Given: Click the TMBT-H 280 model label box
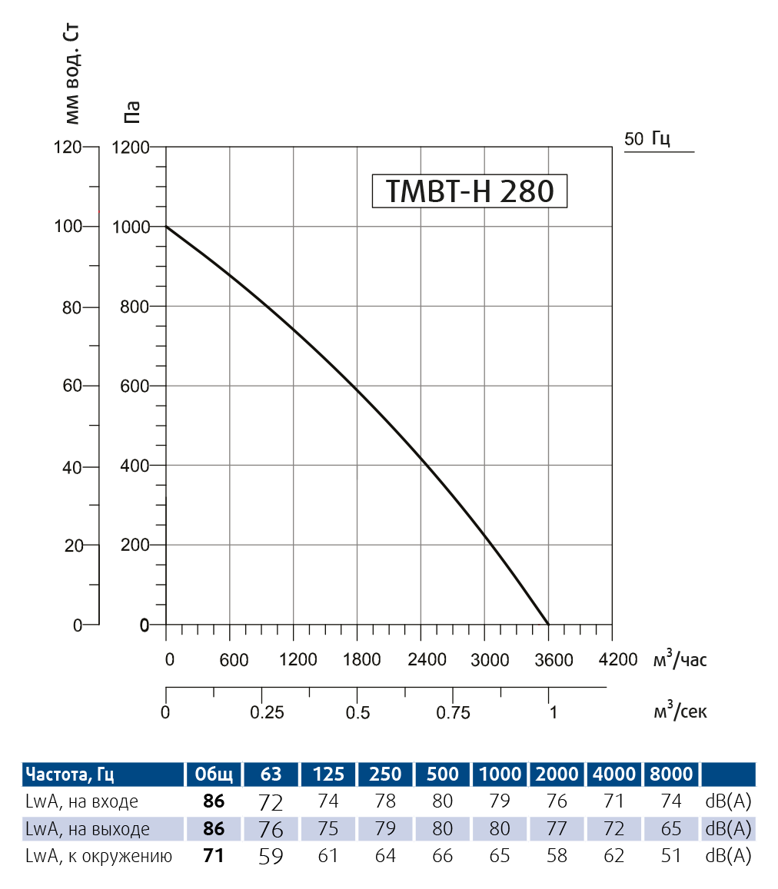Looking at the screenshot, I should click(x=469, y=191).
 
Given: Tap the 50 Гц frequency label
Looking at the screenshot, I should click(x=648, y=139).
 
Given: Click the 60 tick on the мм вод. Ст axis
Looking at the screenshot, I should click(x=71, y=386).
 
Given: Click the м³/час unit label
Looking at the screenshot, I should click(x=680, y=659).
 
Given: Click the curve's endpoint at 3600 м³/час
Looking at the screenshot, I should click(x=548, y=625).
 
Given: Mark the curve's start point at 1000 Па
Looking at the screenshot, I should click(x=167, y=227).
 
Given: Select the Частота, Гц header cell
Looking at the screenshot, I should click(x=70, y=774).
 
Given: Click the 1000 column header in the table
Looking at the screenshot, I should click(x=500, y=774).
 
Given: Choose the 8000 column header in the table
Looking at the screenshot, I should click(x=671, y=774).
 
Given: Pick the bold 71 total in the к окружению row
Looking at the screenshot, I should click(x=214, y=856).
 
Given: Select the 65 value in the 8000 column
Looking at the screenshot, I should click(x=671, y=829).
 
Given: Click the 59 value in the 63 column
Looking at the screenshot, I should click(x=271, y=856).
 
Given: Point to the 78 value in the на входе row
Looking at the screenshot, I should click(x=385, y=802).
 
